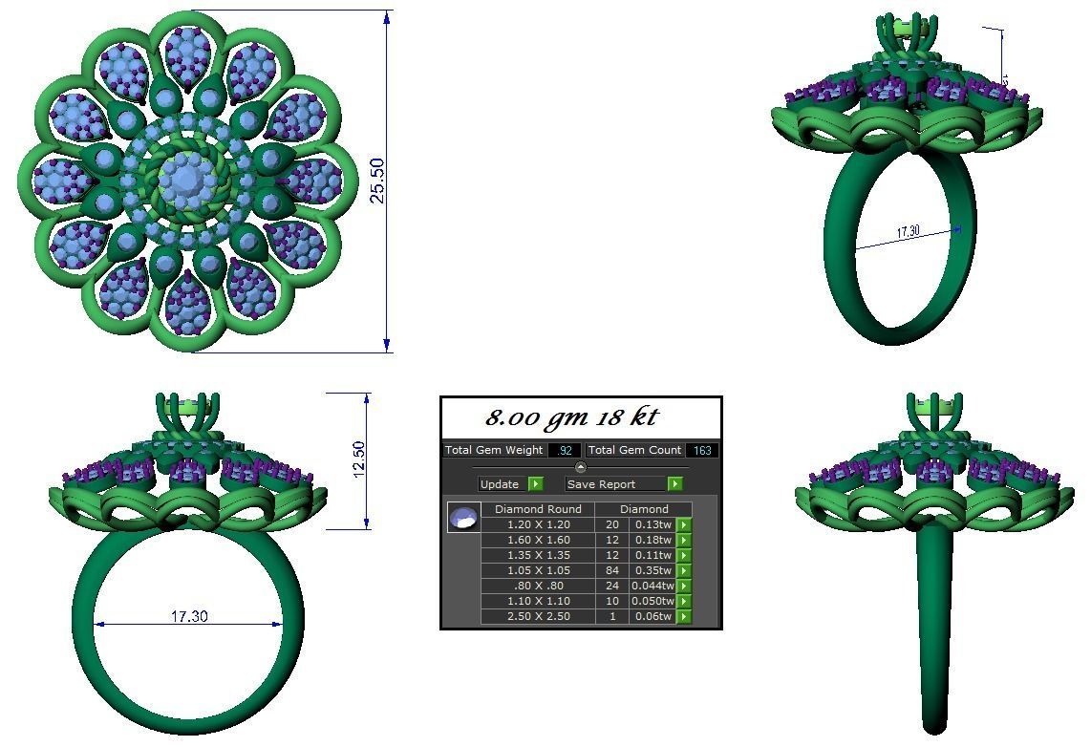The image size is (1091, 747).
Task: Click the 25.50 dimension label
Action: pyautogui.click(x=377, y=180)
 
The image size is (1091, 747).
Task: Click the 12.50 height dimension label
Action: pyautogui.click(x=358, y=460)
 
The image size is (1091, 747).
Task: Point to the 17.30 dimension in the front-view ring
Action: pyautogui.click(x=189, y=616)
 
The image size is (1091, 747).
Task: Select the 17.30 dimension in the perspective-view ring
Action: pyautogui.click(x=909, y=231)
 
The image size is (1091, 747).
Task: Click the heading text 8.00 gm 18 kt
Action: pyautogui.click(x=570, y=417)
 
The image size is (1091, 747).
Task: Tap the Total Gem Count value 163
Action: pyautogui.click(x=702, y=450)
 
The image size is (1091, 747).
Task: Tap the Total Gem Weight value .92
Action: pyautogui.click(x=565, y=450)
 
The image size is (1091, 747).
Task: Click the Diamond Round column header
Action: pyautogui.click(x=538, y=509)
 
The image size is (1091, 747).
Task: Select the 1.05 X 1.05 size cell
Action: pyautogui.click(x=538, y=570)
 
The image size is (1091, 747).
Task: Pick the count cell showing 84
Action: pyautogui.click(x=611, y=570)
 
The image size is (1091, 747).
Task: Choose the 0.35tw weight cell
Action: pyautogui.click(x=652, y=570)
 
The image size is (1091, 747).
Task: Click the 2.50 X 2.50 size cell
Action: pyautogui.click(x=538, y=616)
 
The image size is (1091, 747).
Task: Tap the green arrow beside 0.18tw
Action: pyautogui.click(x=684, y=540)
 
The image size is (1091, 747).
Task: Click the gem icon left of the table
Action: pyautogui.click(x=463, y=518)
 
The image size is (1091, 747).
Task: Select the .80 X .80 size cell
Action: pyautogui.click(x=538, y=586)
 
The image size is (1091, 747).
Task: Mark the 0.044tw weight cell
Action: pyautogui.click(x=652, y=586)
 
